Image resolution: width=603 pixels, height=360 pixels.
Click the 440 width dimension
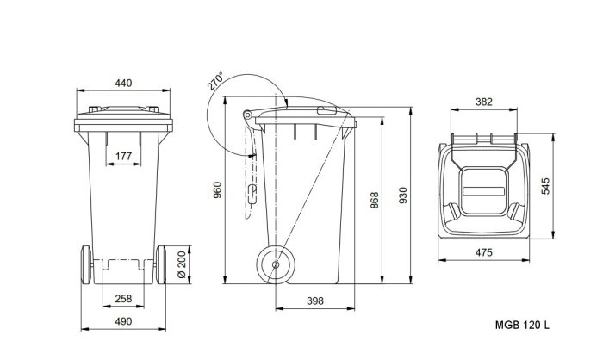click(x=123, y=83)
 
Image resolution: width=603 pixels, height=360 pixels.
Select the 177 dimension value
click(x=123, y=156)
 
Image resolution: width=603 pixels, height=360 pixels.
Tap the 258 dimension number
click(x=123, y=299)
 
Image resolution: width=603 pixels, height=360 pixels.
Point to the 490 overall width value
click(x=123, y=321)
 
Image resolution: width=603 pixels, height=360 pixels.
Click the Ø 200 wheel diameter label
click(x=182, y=264)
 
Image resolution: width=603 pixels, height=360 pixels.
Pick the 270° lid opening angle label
click(x=214, y=81)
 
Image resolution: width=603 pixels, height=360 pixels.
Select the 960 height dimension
click(x=217, y=190)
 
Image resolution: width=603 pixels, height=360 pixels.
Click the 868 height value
click(x=374, y=200)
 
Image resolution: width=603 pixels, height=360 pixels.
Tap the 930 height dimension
click(x=402, y=196)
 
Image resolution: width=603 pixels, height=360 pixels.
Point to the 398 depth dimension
click(x=315, y=301)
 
